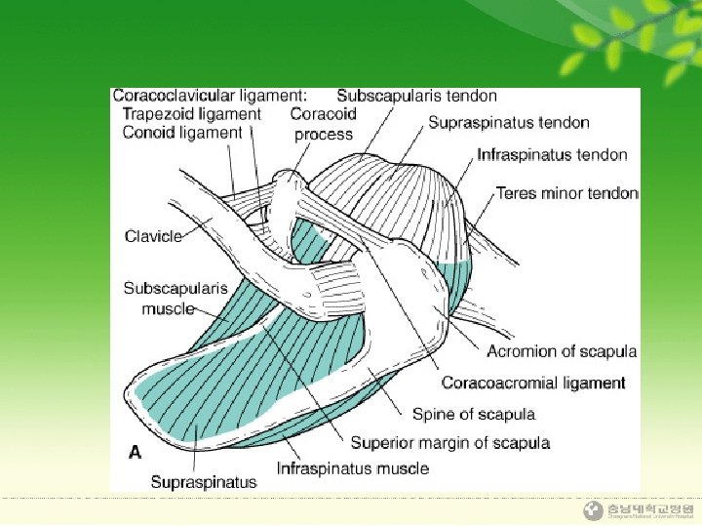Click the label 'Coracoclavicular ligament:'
[x=210, y=96]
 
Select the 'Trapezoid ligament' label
[x=192, y=114]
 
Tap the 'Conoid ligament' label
[x=182, y=133]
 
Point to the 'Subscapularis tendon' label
[x=416, y=96]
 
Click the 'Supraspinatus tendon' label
[x=509, y=123]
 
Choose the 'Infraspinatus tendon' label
[x=552, y=154]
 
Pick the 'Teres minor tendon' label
[x=566, y=193]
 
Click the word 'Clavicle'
[x=153, y=236]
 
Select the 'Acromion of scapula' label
[x=562, y=351]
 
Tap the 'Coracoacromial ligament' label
[x=533, y=383]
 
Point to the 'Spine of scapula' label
[x=474, y=414]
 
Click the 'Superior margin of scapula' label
[x=450, y=443]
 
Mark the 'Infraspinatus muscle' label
[x=353, y=468]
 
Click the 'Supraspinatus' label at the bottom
[x=204, y=481]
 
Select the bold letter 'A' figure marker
[x=136, y=452]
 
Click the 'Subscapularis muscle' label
[x=175, y=298]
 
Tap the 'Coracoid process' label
[x=324, y=124]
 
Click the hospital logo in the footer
[x=593, y=510]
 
